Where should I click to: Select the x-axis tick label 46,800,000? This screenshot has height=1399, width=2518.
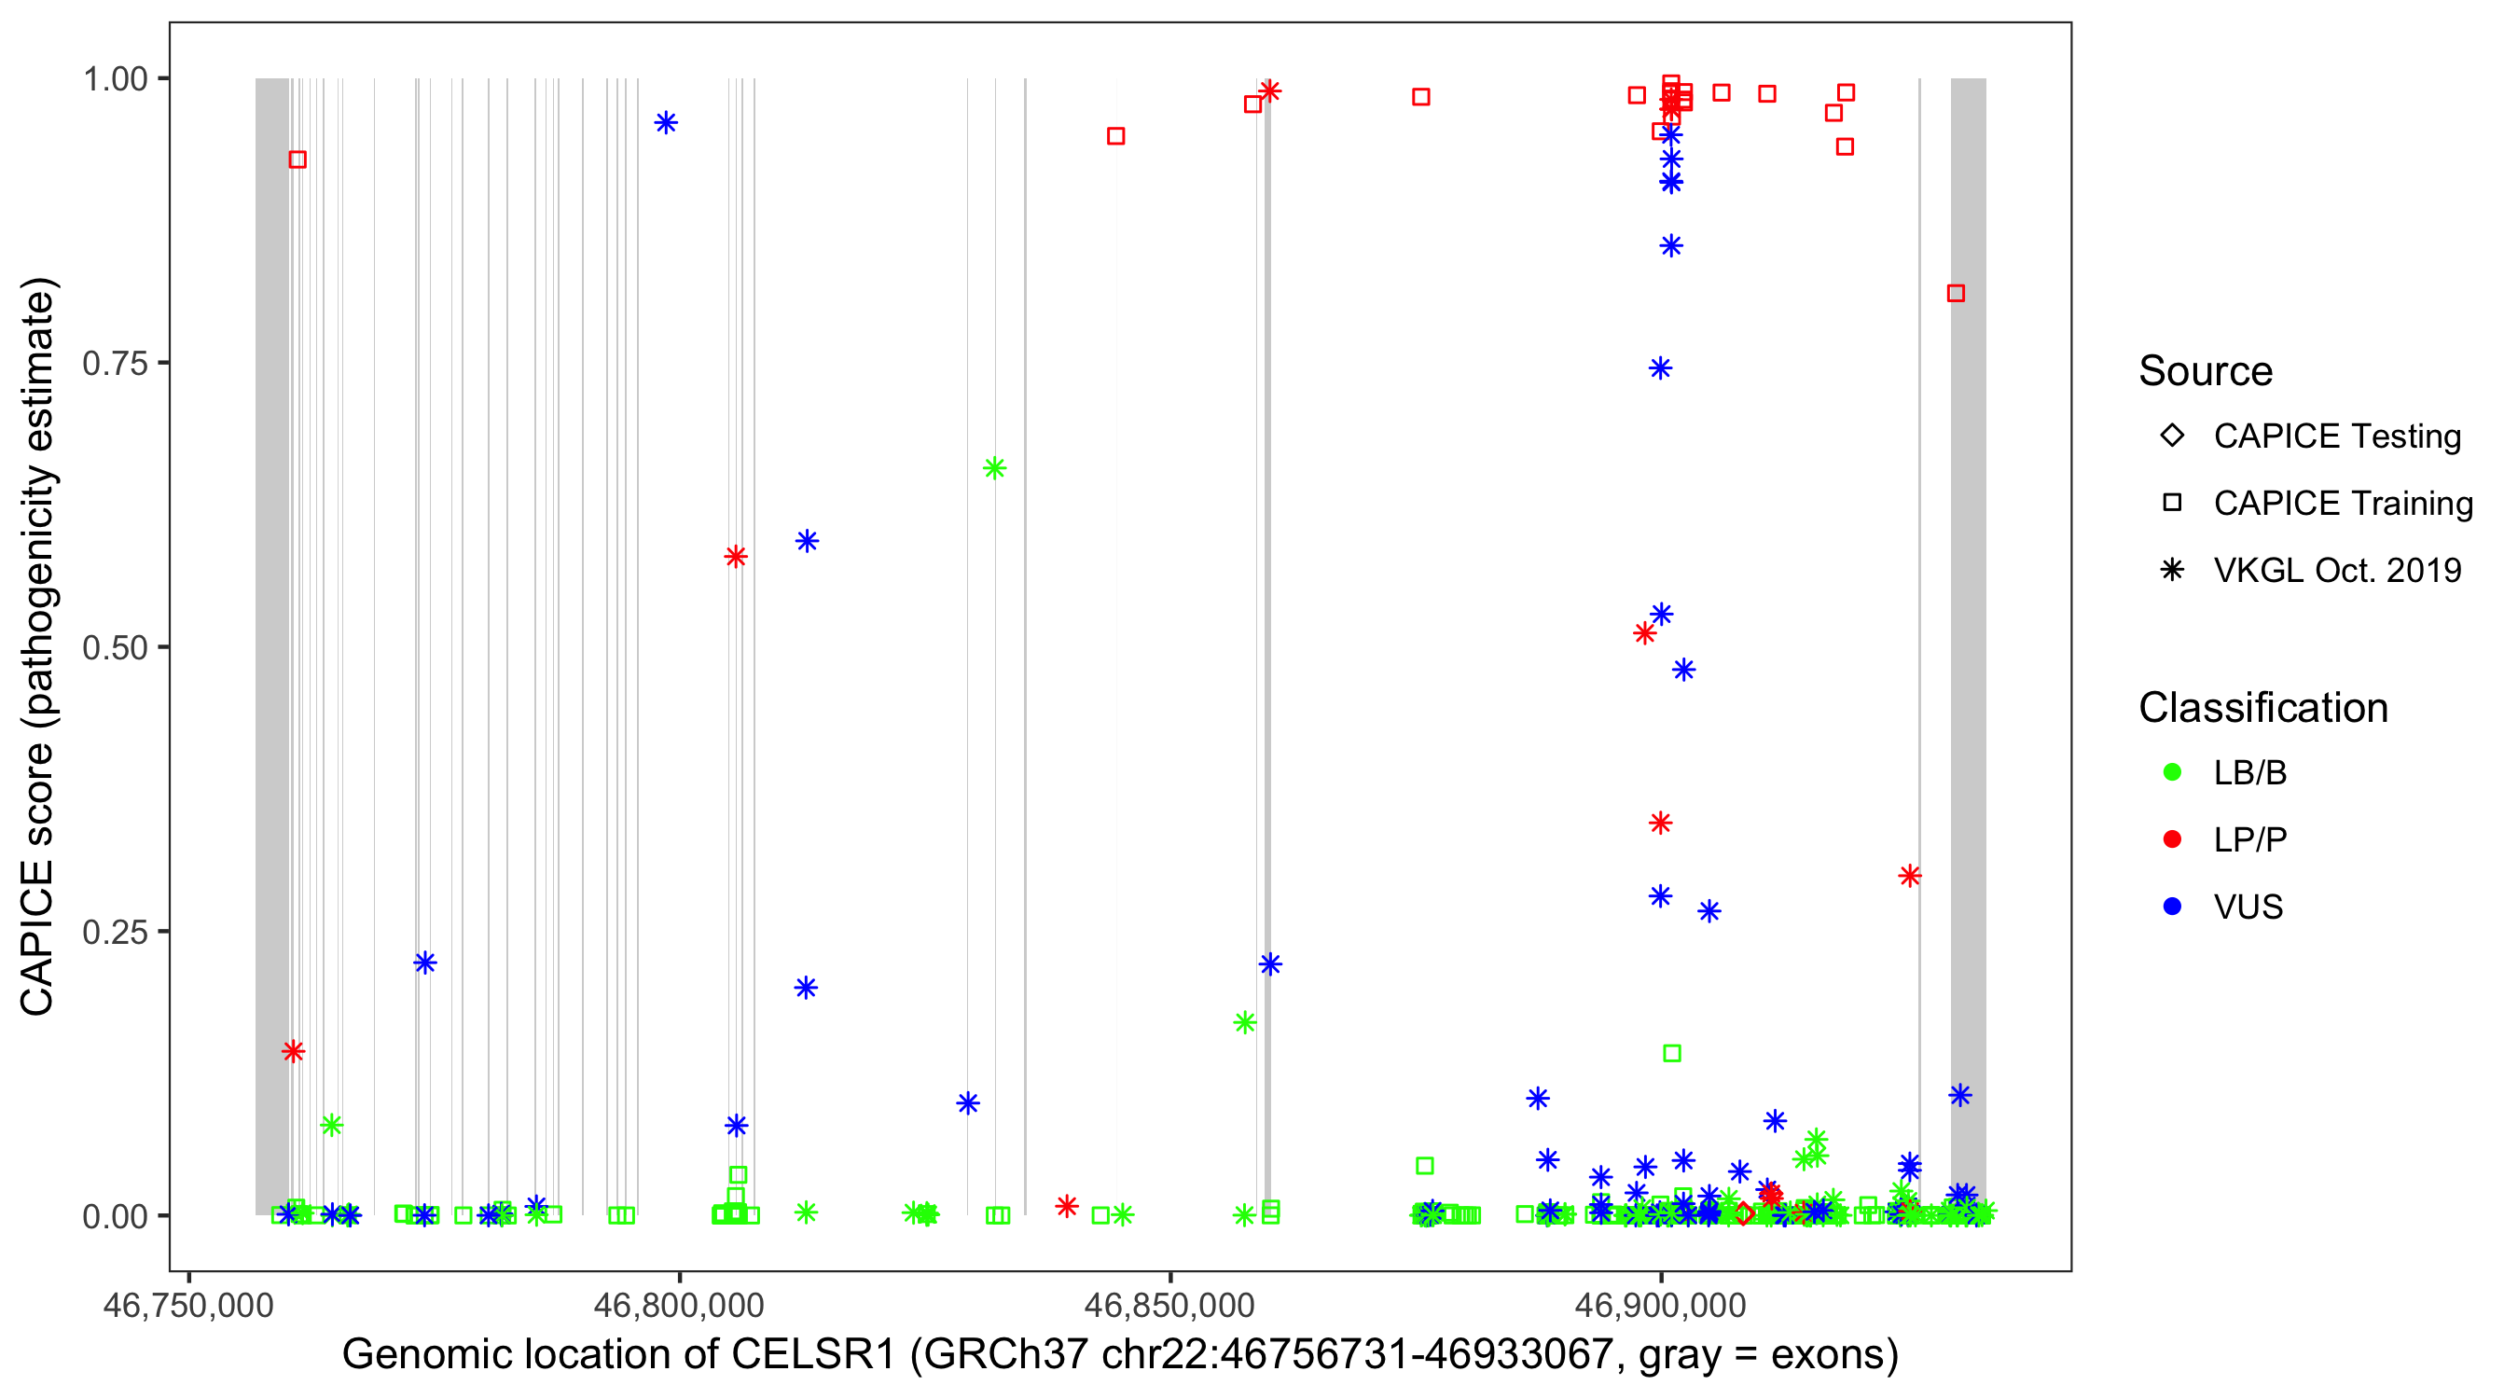click(678, 1305)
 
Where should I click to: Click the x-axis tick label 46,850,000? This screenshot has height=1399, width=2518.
click(1169, 1305)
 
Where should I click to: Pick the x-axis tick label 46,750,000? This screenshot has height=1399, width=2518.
click(187, 1305)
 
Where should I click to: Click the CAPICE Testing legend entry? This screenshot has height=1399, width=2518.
click(2336, 436)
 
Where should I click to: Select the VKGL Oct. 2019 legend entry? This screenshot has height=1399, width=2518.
click(2336, 571)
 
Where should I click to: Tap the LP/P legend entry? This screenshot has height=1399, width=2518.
click(2249, 839)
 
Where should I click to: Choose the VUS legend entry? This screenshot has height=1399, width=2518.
click(2248, 907)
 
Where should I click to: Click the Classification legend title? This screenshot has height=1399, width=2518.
click(2262, 708)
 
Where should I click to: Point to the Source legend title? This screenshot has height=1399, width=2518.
click(2206, 371)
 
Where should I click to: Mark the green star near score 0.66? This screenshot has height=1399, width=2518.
click(994, 468)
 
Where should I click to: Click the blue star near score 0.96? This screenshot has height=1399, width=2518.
click(666, 123)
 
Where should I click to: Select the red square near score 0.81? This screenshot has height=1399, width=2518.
click(1955, 293)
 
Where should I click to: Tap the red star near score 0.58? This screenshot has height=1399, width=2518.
click(736, 557)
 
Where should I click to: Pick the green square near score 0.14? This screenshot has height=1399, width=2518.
click(1671, 1054)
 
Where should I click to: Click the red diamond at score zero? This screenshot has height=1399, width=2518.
click(1745, 1214)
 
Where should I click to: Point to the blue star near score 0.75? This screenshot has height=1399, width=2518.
click(1660, 368)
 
